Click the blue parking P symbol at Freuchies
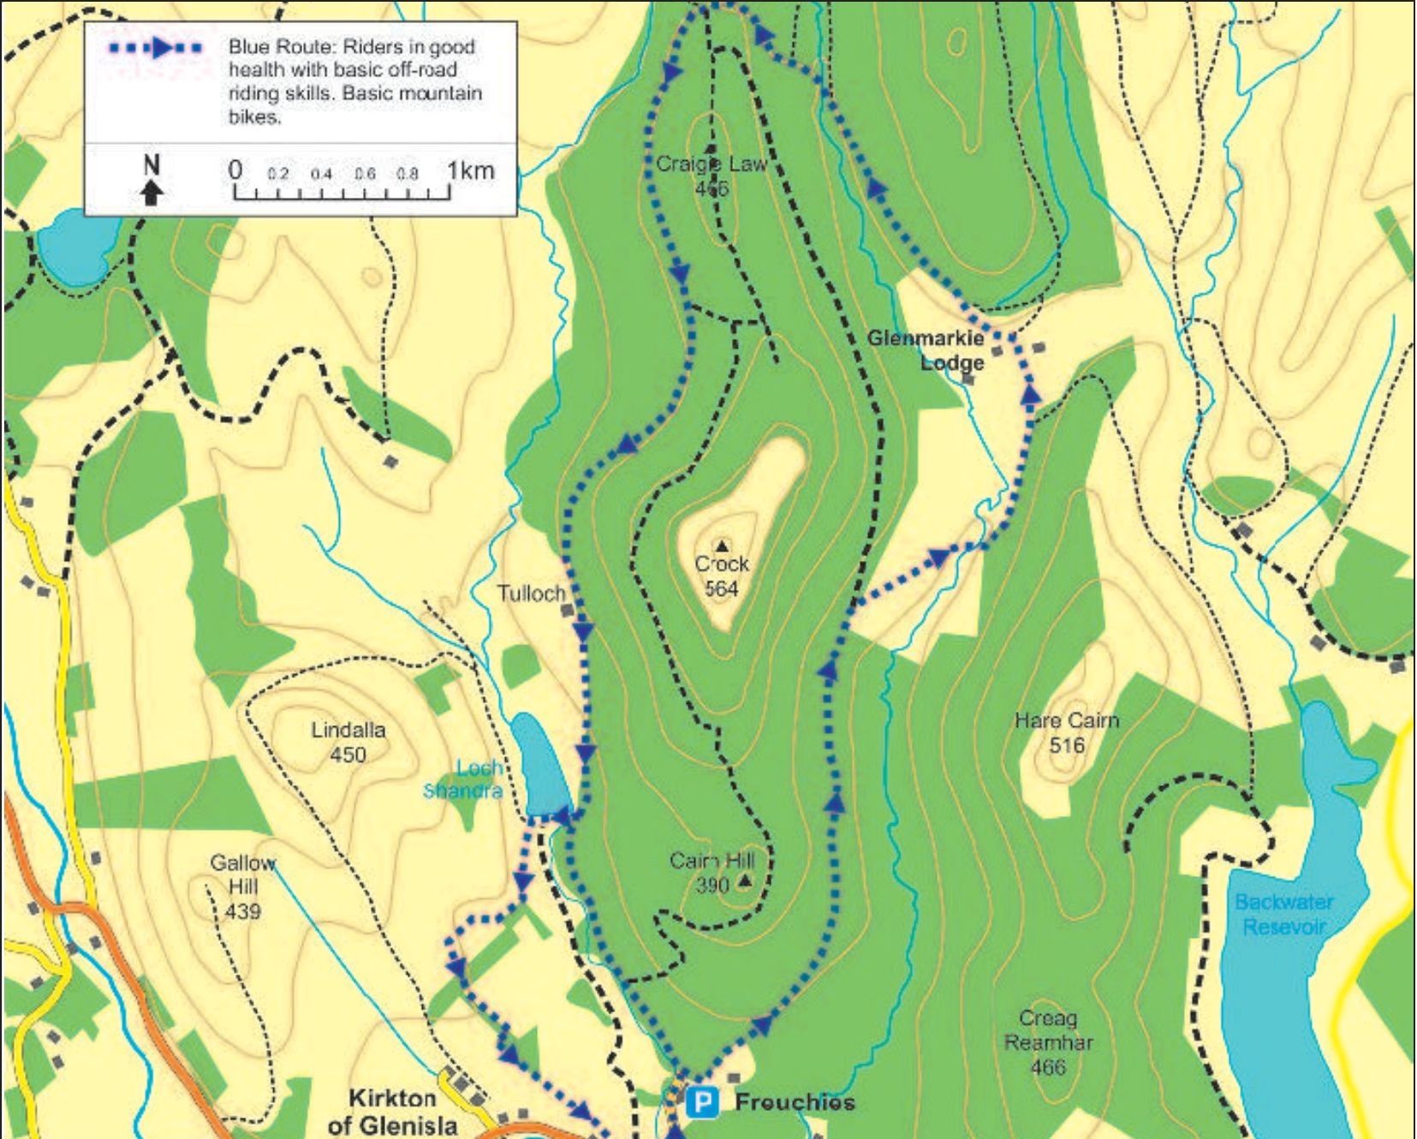pyautogui.click(x=703, y=1102)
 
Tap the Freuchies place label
pyautogui.click(x=795, y=1102)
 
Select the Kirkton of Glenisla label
pyautogui.click(x=393, y=1112)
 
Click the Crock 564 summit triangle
pyautogui.click(x=723, y=546)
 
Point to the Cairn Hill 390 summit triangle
pyautogui.click(x=745, y=880)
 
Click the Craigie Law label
pyautogui.click(x=711, y=164)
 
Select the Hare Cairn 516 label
pyautogui.click(x=1066, y=732)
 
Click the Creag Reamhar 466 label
pyautogui.click(x=1047, y=1042)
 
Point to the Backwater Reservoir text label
pyautogui.click(x=1283, y=914)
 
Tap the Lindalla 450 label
pyautogui.click(x=348, y=742)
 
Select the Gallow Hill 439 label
pyautogui.click(x=243, y=886)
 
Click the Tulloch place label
pyautogui.click(x=531, y=593)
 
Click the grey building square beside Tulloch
pyautogui.click(x=567, y=611)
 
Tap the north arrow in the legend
pyautogui.click(x=152, y=180)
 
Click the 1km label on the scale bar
pyautogui.click(x=470, y=170)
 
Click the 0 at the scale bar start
pyautogui.click(x=235, y=170)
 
